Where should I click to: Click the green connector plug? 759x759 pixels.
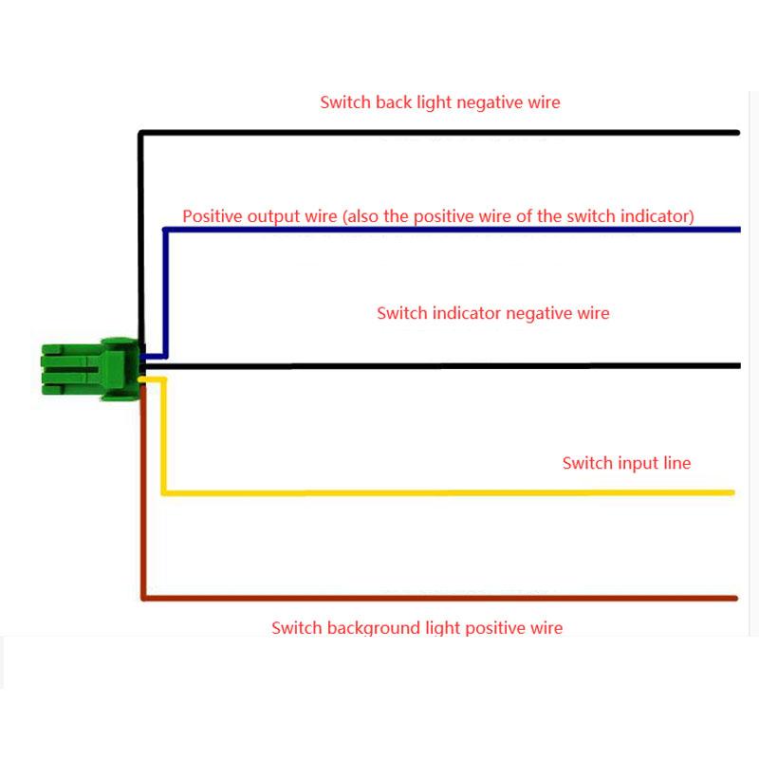pyautogui.click(x=90, y=369)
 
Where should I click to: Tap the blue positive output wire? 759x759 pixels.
pyautogui.click(x=455, y=230)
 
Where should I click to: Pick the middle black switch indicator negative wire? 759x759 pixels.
pyautogui.click(x=455, y=365)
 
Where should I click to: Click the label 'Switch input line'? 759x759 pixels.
pyautogui.click(x=626, y=463)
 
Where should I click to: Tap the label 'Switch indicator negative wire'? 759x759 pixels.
pyautogui.click(x=492, y=312)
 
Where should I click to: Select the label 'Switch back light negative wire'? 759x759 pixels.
pyautogui.click(x=440, y=102)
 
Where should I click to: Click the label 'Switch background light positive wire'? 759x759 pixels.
pyautogui.click(x=417, y=627)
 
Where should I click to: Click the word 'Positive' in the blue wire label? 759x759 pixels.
pyautogui.click(x=213, y=215)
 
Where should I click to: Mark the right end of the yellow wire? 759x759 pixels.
pyautogui.click(x=731, y=492)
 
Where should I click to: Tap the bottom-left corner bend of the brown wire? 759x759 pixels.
pyautogui.click(x=143, y=598)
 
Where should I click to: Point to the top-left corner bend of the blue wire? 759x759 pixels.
pyautogui.click(x=165, y=231)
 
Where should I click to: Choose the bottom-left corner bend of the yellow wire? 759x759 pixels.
pyautogui.click(x=164, y=492)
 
